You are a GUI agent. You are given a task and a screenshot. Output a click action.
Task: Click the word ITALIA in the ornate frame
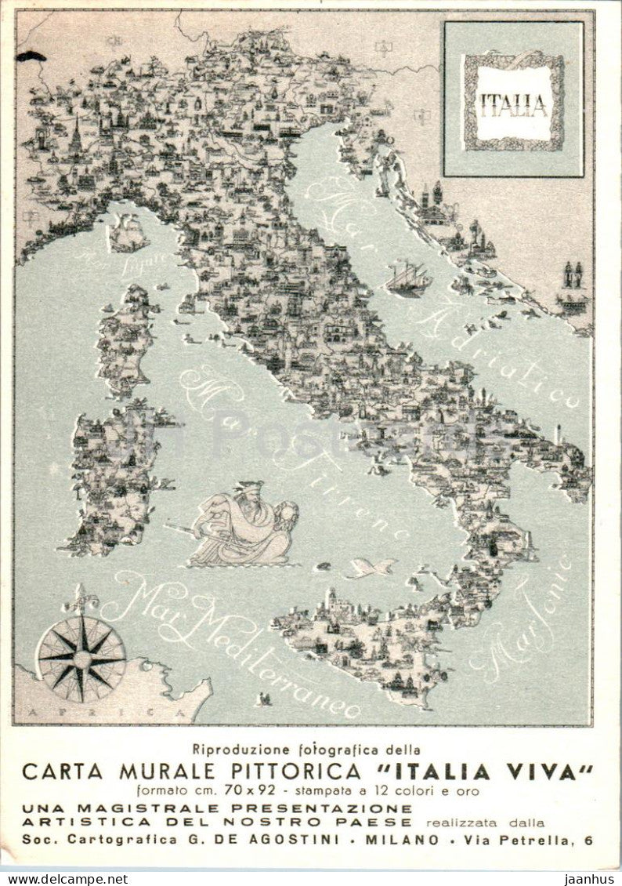click(513, 103)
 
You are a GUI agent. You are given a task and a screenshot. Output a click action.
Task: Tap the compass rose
click(81, 658)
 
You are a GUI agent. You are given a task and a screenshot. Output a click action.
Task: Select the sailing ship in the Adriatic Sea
click(408, 278)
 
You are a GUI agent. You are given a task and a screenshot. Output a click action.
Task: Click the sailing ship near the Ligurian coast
click(128, 233)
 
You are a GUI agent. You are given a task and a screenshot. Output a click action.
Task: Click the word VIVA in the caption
click(548, 772)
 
